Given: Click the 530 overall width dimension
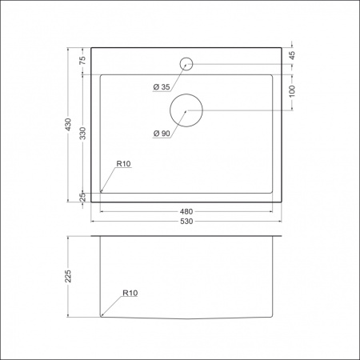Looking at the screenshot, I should [186, 221].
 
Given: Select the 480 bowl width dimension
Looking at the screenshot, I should [186, 211].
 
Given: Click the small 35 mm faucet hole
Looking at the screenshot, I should [186, 63].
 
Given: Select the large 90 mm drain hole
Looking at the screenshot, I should [186, 110].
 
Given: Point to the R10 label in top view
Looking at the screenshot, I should [123, 164].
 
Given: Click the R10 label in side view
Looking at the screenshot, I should [130, 294].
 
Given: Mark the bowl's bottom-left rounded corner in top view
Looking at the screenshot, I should [102, 190].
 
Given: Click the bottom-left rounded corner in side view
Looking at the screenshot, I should [102, 315].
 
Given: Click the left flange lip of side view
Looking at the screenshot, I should [94, 238].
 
